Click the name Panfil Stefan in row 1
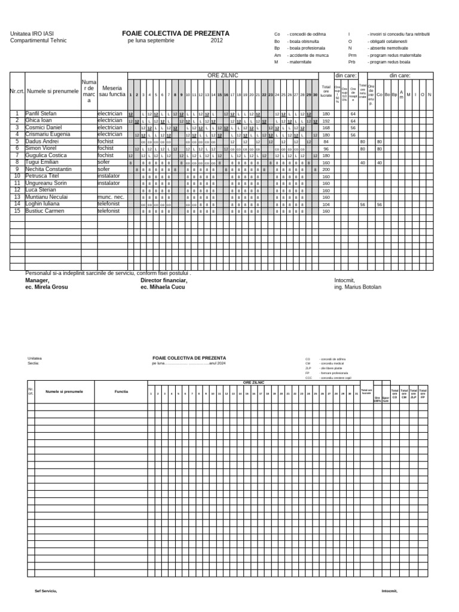click(x=41, y=113)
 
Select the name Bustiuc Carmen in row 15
click(x=43, y=210)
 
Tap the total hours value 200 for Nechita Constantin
click(x=326, y=169)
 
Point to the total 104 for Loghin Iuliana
click(x=326, y=204)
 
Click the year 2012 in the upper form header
click(x=216, y=41)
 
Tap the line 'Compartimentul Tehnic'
click(x=39, y=41)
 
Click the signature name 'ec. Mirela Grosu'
click(x=47, y=287)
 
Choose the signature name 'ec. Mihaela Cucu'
click(x=163, y=287)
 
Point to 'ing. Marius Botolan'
click(x=357, y=287)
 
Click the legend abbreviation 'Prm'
click(x=352, y=54)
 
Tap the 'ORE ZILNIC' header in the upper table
click(x=222, y=75)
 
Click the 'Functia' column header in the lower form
click(x=121, y=391)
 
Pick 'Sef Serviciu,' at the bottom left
click(x=45, y=590)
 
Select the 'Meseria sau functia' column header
click(x=112, y=91)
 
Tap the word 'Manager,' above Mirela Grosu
click(x=37, y=280)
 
